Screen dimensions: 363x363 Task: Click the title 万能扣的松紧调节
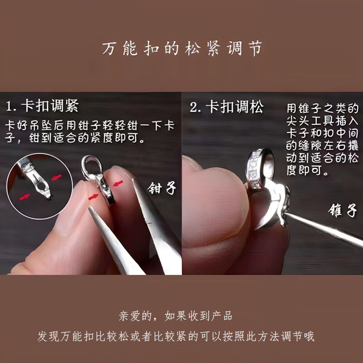181,49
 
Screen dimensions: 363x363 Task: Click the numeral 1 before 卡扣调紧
11,107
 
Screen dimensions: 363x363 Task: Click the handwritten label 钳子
162,187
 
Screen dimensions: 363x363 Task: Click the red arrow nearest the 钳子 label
118,183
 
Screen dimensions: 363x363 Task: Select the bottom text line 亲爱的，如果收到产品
181,315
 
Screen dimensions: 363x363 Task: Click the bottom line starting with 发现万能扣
181,336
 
